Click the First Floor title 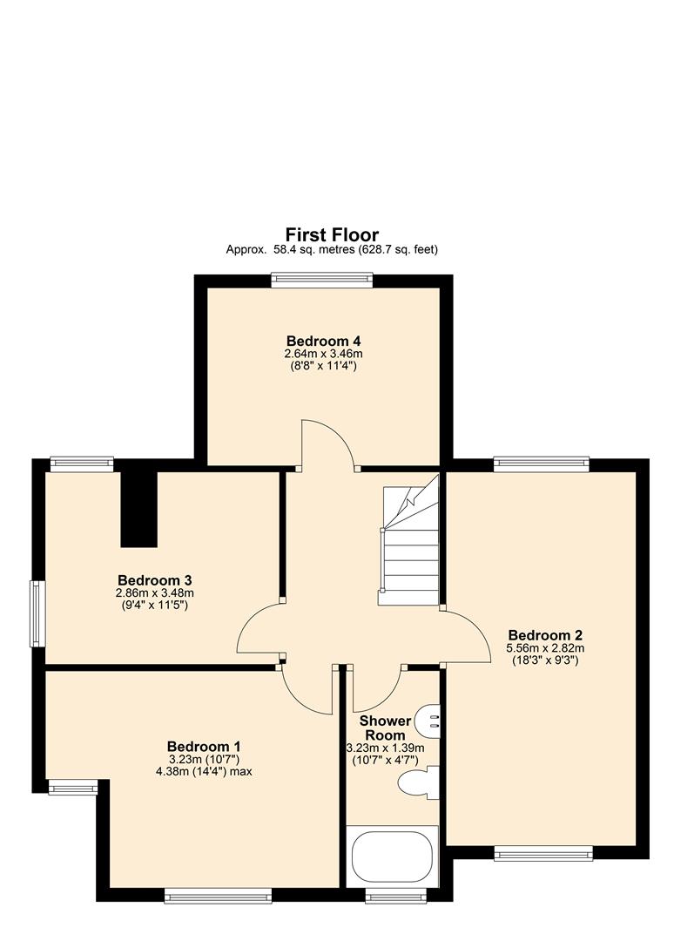click(x=332, y=234)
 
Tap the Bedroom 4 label click(x=323, y=341)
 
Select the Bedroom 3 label click(x=154, y=580)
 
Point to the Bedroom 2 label click(x=545, y=635)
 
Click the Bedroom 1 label click(x=204, y=747)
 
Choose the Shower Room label click(x=385, y=728)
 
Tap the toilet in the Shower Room click(x=419, y=782)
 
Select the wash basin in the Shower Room click(x=429, y=719)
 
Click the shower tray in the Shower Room click(x=392, y=856)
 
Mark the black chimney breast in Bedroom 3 click(x=138, y=509)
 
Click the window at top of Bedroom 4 click(x=321, y=280)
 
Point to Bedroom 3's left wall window click(x=37, y=613)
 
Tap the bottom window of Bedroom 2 click(x=543, y=854)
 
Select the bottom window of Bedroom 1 click(x=218, y=895)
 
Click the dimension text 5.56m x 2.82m click(x=545, y=648)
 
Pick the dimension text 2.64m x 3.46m click(x=323, y=354)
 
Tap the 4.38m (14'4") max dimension click(x=204, y=771)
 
